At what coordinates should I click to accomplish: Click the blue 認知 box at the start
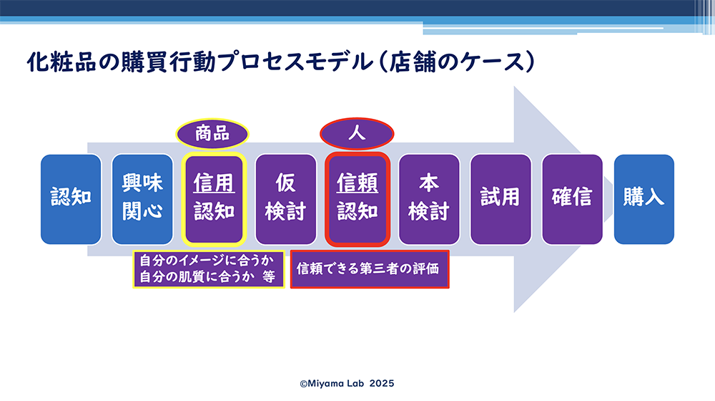(x=71, y=199)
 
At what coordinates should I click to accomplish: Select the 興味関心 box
(x=142, y=199)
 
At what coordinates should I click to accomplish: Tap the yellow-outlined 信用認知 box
(x=214, y=199)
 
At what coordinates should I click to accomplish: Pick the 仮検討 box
(x=285, y=199)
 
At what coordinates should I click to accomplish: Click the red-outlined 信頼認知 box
(x=357, y=199)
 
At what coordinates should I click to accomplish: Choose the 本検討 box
(x=428, y=199)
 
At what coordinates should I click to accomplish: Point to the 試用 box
(x=500, y=199)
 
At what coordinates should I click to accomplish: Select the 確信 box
(x=572, y=199)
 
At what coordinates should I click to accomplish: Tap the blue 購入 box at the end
(x=644, y=199)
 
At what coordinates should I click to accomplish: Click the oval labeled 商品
(x=212, y=134)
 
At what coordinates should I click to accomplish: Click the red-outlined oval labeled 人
(x=357, y=134)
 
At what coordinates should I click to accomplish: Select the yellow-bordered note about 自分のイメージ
(x=208, y=269)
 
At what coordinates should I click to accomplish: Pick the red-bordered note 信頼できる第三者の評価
(x=370, y=269)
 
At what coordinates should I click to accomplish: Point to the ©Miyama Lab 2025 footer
(x=347, y=384)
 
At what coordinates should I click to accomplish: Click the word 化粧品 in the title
(x=61, y=62)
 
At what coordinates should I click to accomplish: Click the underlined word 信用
(x=214, y=183)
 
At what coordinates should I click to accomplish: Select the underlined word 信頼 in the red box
(x=357, y=183)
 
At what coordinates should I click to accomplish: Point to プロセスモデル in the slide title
(x=297, y=62)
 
